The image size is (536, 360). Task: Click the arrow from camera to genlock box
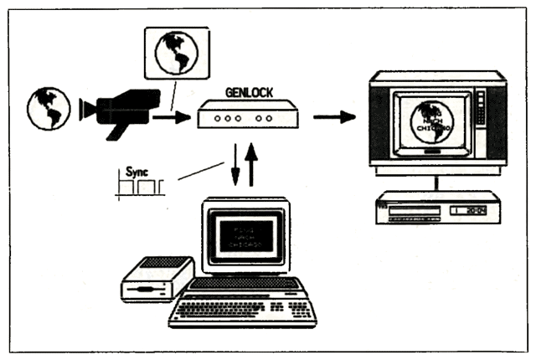tap(172, 118)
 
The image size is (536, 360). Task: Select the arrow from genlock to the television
tap(334, 116)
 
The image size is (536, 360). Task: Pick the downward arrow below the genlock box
tap(235, 165)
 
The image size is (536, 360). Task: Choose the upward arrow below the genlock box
tap(252, 166)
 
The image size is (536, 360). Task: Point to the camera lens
tap(85, 108)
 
